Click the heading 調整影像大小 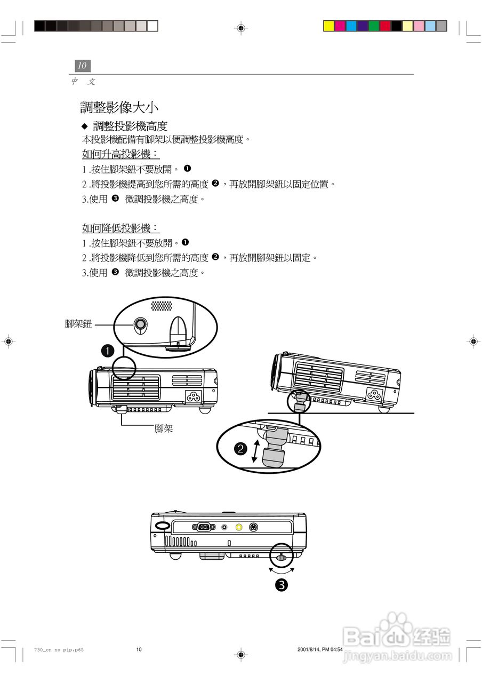click(119, 107)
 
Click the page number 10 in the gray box click(82, 66)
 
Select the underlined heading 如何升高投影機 click(120, 155)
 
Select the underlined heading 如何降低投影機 click(120, 228)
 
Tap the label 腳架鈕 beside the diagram click(78, 324)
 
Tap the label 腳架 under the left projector click(164, 428)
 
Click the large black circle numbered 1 click(107, 351)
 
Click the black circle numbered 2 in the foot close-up click(241, 448)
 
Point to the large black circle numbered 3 click(282, 584)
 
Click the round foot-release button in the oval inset click(141, 324)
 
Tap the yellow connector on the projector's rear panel click(239, 527)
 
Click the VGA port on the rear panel click(203, 527)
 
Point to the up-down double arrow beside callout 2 click(256, 451)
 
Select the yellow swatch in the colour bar click(329, 26)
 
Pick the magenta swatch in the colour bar click(340, 26)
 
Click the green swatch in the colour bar click(374, 26)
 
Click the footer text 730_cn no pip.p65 click(59, 649)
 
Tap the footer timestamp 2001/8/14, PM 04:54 click(320, 649)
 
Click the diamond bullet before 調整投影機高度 click(84, 126)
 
